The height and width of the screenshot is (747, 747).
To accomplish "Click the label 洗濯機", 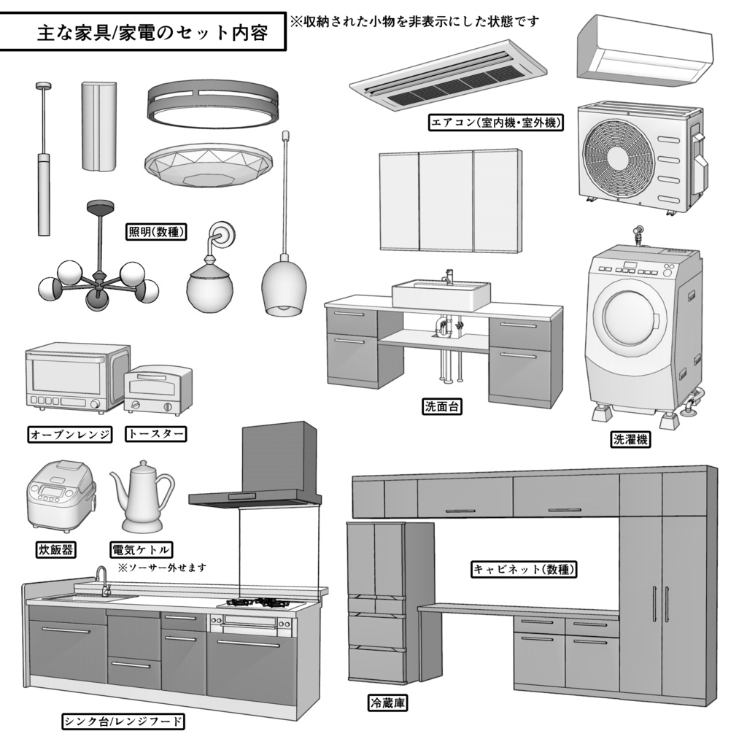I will tap(630, 439).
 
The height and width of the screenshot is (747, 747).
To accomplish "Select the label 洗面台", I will tap(442, 406).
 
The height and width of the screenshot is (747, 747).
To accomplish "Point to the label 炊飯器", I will tap(55, 549).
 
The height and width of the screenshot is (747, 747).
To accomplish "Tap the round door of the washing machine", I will tap(630, 319).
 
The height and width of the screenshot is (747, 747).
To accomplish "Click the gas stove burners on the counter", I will tap(259, 603).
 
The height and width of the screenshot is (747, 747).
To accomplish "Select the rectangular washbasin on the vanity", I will tap(441, 294).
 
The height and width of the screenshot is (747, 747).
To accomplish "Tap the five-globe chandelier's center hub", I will tap(96, 282).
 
